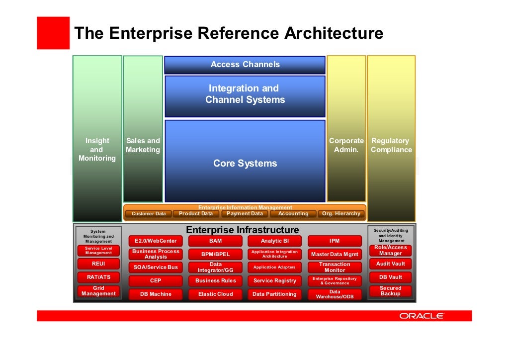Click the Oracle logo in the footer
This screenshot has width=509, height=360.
coord(422,316)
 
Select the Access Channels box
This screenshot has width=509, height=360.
coord(245,65)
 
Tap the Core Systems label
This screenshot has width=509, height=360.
coord(245,164)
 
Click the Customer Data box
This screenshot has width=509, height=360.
coord(148,214)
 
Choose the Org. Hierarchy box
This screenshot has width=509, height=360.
coord(341,214)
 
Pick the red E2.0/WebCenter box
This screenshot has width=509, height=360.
coord(156,241)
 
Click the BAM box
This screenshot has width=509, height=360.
coord(215,241)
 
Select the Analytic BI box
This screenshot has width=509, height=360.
coord(275,241)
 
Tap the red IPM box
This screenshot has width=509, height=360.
coord(335,241)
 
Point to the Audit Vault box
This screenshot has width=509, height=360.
coord(390,264)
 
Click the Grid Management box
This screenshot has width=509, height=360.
coord(98,291)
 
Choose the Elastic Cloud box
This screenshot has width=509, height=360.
coord(215,294)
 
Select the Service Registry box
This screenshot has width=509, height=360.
coord(275,280)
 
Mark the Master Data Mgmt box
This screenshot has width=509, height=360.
coord(335,255)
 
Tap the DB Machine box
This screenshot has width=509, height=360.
coord(156,294)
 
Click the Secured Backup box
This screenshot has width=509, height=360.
coord(390,291)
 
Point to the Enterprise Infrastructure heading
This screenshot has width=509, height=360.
coord(243,230)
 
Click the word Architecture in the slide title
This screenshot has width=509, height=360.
coord(334,34)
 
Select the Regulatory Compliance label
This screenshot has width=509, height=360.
coord(391,145)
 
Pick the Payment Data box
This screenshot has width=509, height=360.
coord(245,214)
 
